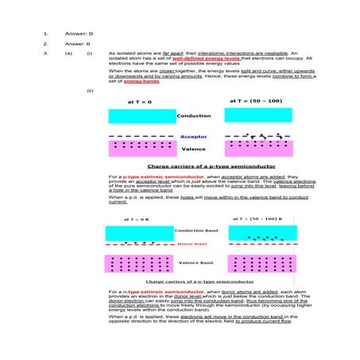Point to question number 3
coord(45,53)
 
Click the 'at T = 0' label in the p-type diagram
coord(140,103)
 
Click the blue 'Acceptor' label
coord(192,137)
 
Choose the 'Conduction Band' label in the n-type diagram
coord(195,230)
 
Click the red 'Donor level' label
coord(192,245)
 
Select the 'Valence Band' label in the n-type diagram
coord(193,262)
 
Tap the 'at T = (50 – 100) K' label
coord(259,218)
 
